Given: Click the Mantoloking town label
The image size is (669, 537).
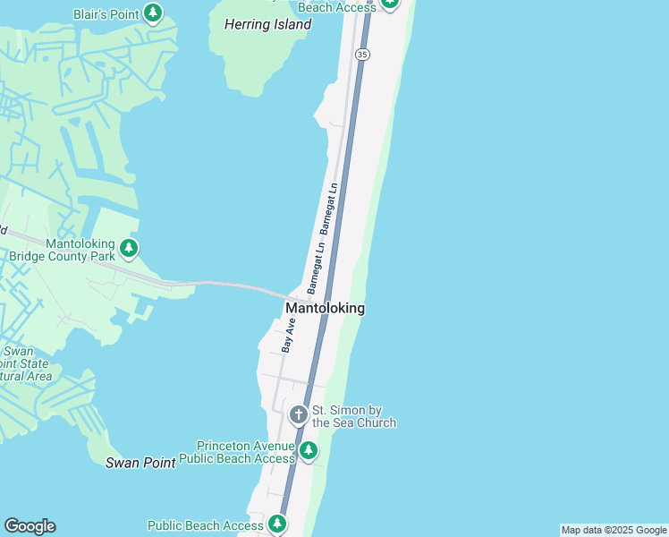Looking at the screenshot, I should pyautogui.click(x=325, y=308).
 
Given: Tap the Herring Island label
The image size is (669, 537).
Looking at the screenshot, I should pyautogui.click(x=267, y=25).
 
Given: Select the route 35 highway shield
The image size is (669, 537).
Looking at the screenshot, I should pyautogui.click(x=361, y=55).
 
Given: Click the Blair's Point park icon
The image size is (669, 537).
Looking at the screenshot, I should pyautogui.click(x=154, y=13).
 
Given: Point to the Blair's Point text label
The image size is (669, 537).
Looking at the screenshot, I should pyautogui.click(x=106, y=13).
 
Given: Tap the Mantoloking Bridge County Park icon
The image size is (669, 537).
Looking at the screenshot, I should pyautogui.click(x=129, y=248).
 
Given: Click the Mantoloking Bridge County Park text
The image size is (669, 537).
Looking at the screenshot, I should pyautogui.click(x=62, y=249).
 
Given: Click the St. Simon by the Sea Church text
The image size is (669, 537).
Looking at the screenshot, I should pyautogui.click(x=353, y=416).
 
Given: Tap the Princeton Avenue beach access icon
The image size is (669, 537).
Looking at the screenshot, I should pyautogui.click(x=308, y=450).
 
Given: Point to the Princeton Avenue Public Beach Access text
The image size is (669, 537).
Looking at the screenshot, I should pyautogui.click(x=237, y=452).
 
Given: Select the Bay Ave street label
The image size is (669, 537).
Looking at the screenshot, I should pyautogui.click(x=288, y=333).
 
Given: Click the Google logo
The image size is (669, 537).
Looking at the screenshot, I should pyautogui.click(x=30, y=526).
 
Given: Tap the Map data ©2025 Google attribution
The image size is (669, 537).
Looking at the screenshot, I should pyautogui.click(x=614, y=530).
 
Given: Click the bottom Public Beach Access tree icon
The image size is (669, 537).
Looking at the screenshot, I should pyautogui.click(x=277, y=524).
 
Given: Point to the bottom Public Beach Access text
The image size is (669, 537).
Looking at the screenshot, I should pyautogui.click(x=205, y=526).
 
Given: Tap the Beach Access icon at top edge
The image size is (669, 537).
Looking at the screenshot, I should pyautogui.click(x=389, y=4).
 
